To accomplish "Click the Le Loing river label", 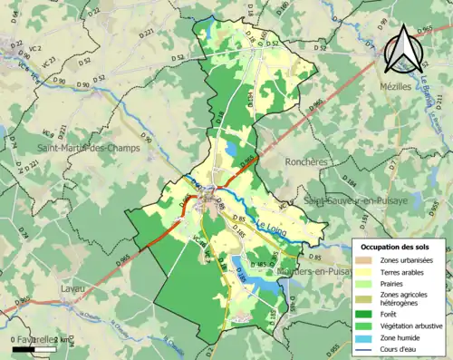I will pyautogui.click(x=271, y=223).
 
